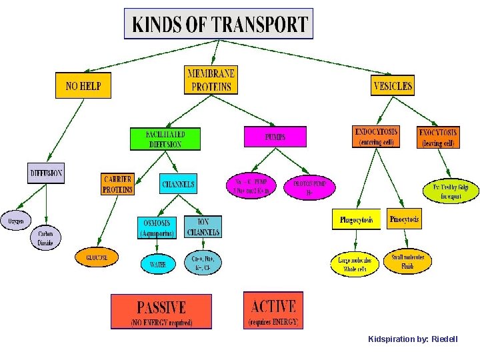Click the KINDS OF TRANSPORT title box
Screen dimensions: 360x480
point(219,24)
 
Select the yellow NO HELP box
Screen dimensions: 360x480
point(83,85)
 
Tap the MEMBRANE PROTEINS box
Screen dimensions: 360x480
point(211,80)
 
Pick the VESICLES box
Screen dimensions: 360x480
point(393,85)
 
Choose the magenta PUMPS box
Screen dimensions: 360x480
point(275,137)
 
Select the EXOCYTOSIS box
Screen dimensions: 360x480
point(437,137)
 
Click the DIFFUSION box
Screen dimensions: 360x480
point(46,173)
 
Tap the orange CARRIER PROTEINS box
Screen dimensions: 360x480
point(117,184)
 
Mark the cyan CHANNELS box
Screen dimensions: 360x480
point(179,184)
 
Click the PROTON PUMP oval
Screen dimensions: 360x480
point(309,187)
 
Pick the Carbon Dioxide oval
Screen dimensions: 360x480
point(45,239)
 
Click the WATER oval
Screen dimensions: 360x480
point(158,264)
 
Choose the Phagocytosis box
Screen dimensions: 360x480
point(356,219)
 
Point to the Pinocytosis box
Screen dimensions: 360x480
point(405,219)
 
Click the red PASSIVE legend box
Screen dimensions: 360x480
point(161,311)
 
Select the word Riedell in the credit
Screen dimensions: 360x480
point(445,339)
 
